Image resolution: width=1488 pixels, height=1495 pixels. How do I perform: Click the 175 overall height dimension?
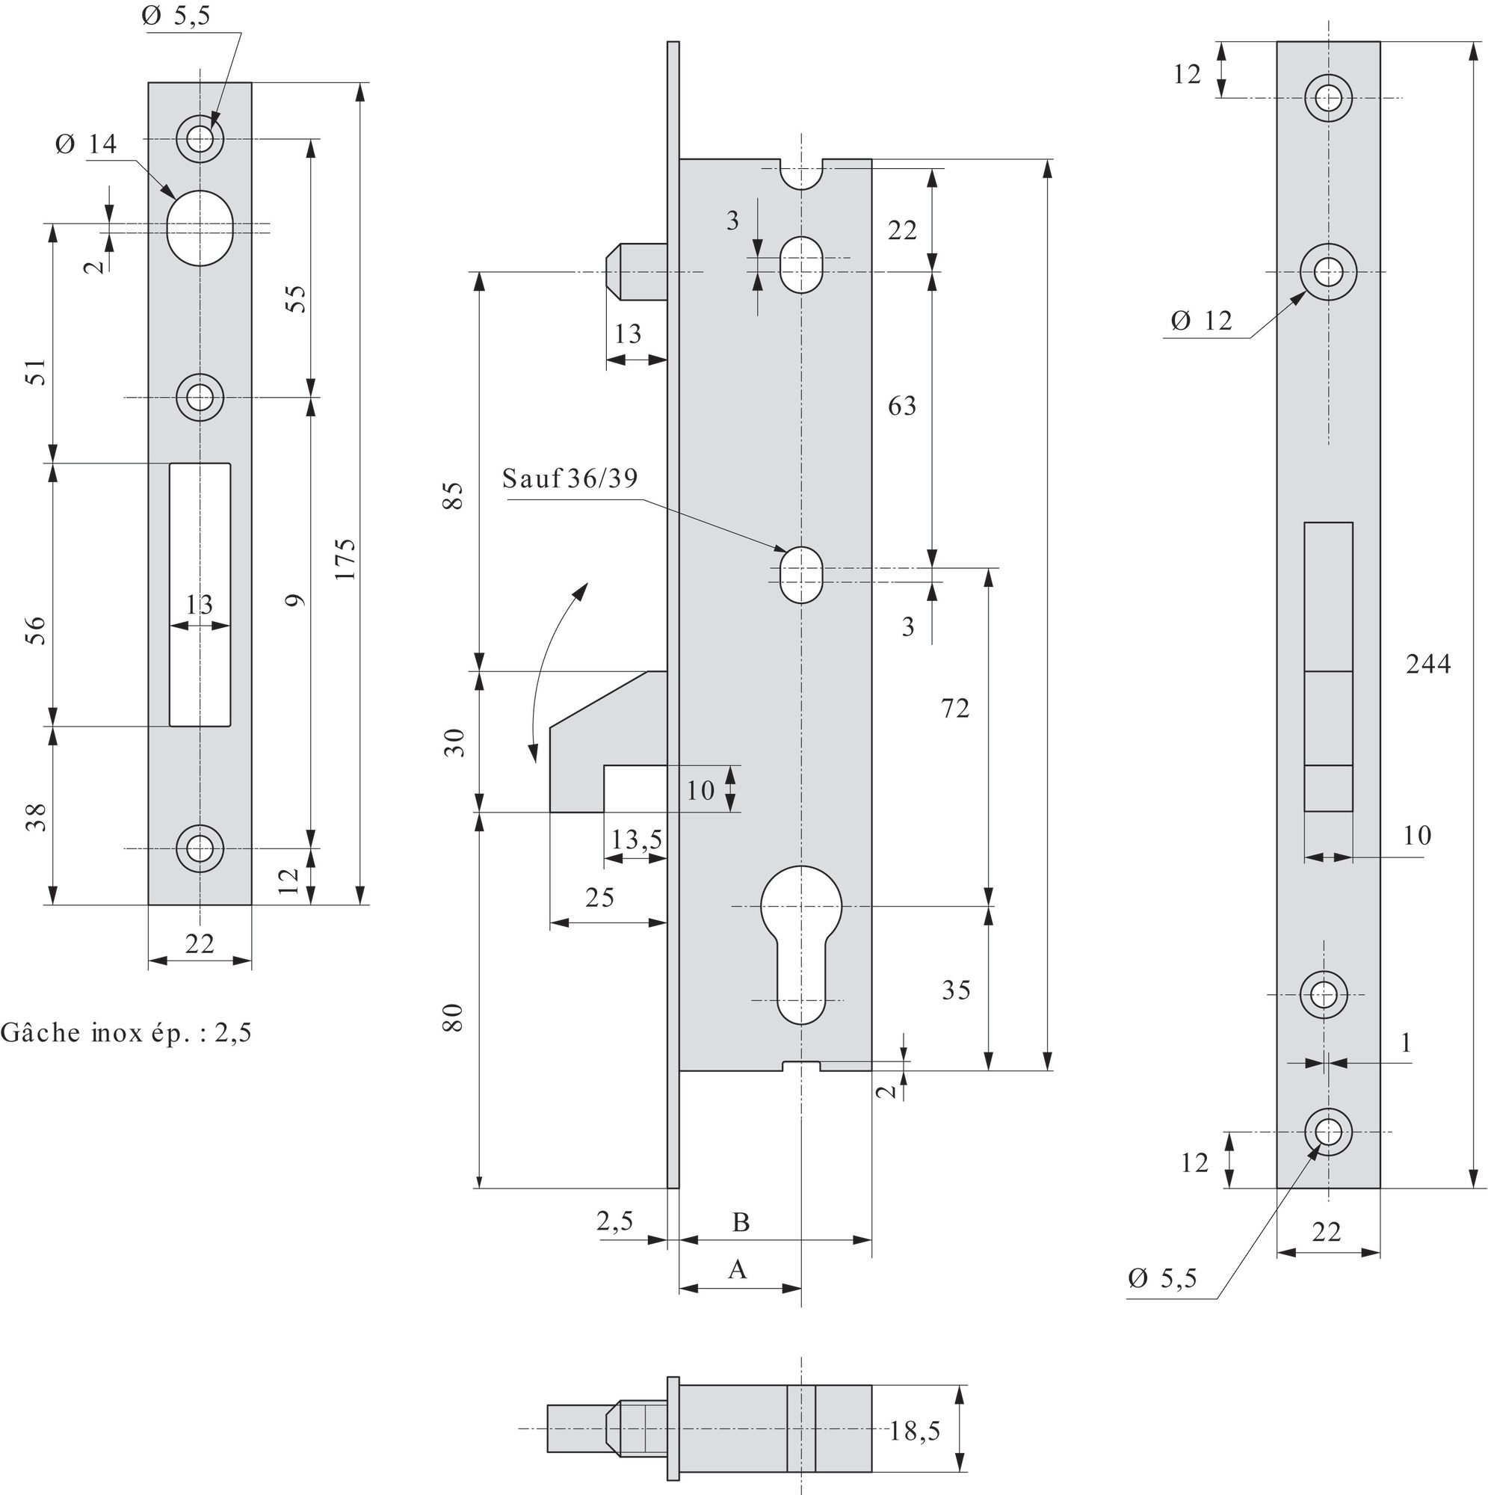[345, 558]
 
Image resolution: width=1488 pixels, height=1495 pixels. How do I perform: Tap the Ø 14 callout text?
[87, 144]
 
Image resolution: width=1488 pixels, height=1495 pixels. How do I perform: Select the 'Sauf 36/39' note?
[570, 478]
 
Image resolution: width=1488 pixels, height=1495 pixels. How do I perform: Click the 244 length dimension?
[1427, 664]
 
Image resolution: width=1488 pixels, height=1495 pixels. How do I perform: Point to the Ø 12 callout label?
[1201, 321]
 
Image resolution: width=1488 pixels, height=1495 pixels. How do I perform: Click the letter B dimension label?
[741, 1223]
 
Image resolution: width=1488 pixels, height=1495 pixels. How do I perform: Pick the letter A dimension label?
[738, 1270]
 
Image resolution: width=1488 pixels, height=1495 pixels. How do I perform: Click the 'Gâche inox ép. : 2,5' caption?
[126, 1033]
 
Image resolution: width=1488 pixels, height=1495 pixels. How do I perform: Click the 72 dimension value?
[955, 708]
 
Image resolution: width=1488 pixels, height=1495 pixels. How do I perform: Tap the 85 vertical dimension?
[454, 496]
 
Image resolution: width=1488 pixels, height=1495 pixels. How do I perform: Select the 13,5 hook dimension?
[636, 839]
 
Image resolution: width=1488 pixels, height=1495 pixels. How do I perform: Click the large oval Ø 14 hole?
[200, 227]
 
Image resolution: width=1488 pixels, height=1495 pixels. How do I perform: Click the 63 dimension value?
[901, 405]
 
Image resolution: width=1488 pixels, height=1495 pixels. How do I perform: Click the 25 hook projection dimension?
[599, 898]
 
